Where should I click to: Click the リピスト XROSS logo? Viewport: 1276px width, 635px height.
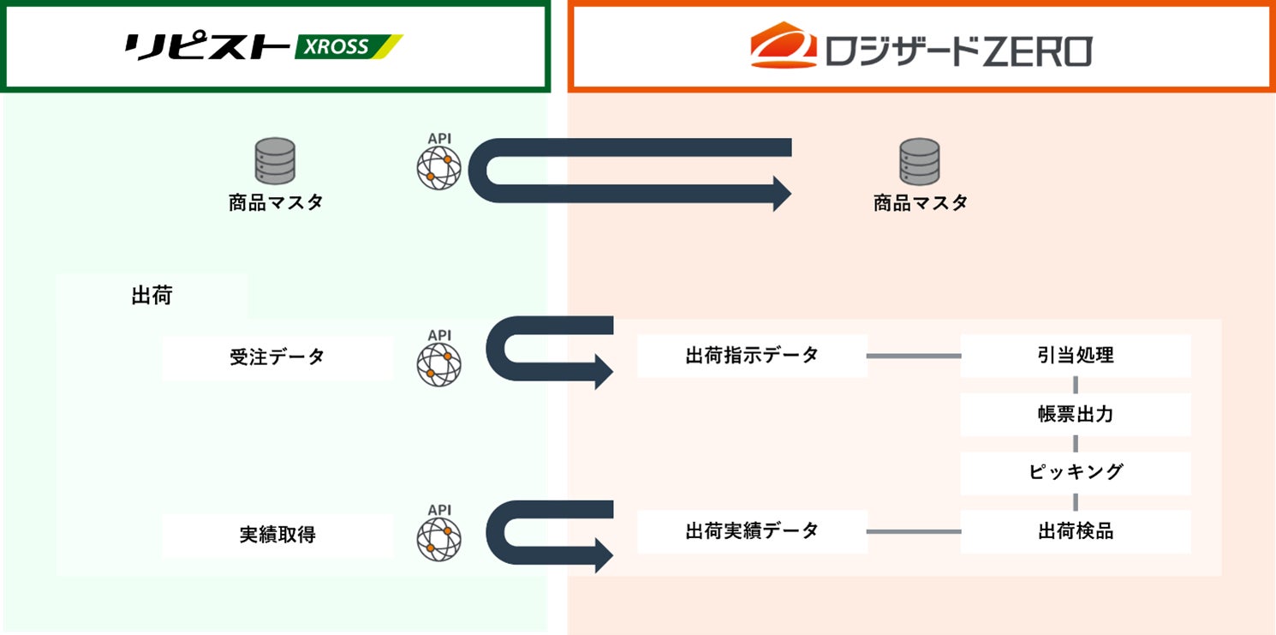pos(264,46)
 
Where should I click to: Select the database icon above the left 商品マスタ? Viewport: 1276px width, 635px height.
pos(275,161)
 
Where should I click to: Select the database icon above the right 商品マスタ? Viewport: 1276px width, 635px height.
pos(920,161)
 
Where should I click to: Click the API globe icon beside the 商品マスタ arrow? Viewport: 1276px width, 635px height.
pos(438,166)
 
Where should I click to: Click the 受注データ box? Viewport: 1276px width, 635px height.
pos(277,357)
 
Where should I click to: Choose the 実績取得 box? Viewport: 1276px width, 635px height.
pos(277,535)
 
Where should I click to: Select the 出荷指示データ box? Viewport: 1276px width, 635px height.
pos(752,356)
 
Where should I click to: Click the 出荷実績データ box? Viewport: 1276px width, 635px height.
pos(752,531)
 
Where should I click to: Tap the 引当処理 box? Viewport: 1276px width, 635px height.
pos(1075,356)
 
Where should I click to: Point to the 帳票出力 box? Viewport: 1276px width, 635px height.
pos(1075,415)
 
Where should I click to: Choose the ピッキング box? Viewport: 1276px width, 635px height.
pos(1075,472)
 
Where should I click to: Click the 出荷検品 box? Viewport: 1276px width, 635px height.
pos(1075,531)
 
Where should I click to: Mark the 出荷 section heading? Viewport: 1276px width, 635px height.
pos(152,297)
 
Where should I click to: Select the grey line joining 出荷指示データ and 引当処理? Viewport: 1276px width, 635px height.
pos(914,356)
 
